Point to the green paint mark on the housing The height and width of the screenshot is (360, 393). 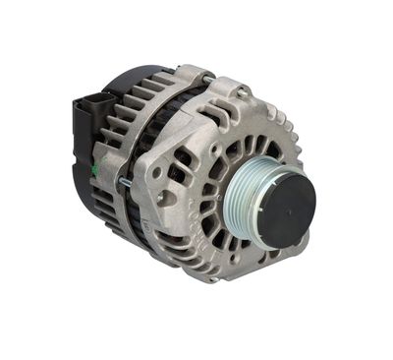click(x=95, y=169)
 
